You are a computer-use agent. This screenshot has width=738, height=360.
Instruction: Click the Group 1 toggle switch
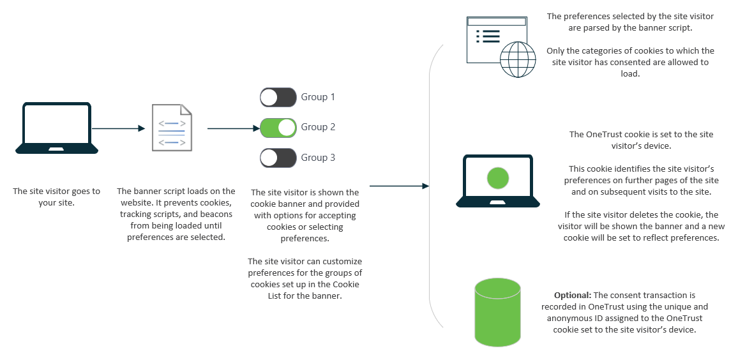pyautogui.click(x=278, y=97)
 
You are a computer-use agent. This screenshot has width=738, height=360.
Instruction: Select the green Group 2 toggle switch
pyautogui.click(x=278, y=128)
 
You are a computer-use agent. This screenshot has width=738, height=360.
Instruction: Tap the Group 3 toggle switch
pyautogui.click(x=278, y=158)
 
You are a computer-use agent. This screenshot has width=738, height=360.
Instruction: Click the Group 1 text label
pyautogui.click(x=318, y=97)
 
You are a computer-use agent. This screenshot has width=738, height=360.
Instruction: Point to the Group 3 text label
pyautogui.click(x=318, y=158)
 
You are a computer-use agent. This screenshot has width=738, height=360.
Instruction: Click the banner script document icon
pyautogui.click(x=172, y=128)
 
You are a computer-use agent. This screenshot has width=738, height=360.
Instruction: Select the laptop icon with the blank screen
pyautogui.click(x=57, y=128)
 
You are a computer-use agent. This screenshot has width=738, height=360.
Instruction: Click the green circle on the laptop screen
pyautogui.click(x=497, y=177)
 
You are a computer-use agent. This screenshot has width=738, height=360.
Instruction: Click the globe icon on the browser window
pyautogui.click(x=518, y=59)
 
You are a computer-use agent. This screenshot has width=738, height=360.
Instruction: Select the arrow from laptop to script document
pyautogui.click(x=118, y=128)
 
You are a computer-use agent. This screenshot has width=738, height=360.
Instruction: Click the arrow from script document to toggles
pyautogui.click(x=231, y=128)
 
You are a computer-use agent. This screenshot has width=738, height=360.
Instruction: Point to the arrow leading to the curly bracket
pyautogui.click(x=398, y=186)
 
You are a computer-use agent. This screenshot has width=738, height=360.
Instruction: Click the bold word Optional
pyautogui.click(x=572, y=296)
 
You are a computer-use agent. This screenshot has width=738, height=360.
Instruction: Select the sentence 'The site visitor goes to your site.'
pyautogui.click(x=57, y=197)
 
